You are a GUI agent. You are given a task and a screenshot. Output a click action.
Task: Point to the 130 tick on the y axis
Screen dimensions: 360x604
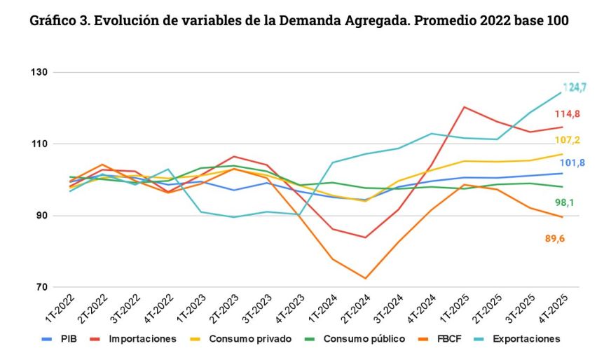click(39, 73)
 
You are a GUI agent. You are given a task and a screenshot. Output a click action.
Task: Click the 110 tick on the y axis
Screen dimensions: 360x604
click(39, 144)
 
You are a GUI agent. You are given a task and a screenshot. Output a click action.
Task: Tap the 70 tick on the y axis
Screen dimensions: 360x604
click(41, 287)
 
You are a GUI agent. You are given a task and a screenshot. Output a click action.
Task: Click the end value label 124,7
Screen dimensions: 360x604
click(575, 88)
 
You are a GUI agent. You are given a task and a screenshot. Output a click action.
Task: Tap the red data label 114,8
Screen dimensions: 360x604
click(568, 114)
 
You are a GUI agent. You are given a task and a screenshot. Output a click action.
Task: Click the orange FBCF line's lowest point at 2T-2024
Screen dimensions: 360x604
click(365, 279)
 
